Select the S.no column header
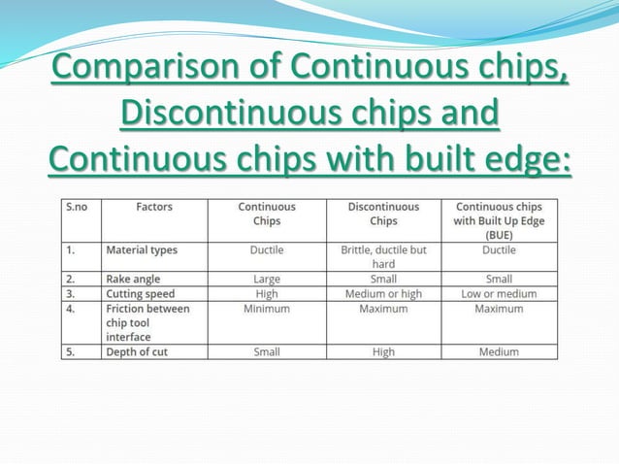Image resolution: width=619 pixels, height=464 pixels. (x=76, y=207)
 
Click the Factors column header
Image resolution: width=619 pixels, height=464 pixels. (x=154, y=207)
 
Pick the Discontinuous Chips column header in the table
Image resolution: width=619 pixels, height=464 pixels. (x=383, y=214)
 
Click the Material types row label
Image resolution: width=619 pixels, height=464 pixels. (x=142, y=249)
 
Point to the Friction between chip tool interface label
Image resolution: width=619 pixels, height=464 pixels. (x=147, y=322)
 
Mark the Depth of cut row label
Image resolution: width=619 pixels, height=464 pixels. (x=137, y=351)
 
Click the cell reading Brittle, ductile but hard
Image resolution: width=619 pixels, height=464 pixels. (x=383, y=256)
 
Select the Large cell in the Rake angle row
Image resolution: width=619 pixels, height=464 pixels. (x=266, y=279)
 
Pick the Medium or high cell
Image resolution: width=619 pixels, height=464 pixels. (x=383, y=293)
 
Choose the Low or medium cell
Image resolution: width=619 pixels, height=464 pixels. (x=499, y=293)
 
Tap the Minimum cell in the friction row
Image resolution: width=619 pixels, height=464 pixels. (x=266, y=309)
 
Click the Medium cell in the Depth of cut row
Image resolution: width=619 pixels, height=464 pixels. (x=499, y=351)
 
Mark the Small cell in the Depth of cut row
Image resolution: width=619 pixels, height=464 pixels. (x=266, y=351)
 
